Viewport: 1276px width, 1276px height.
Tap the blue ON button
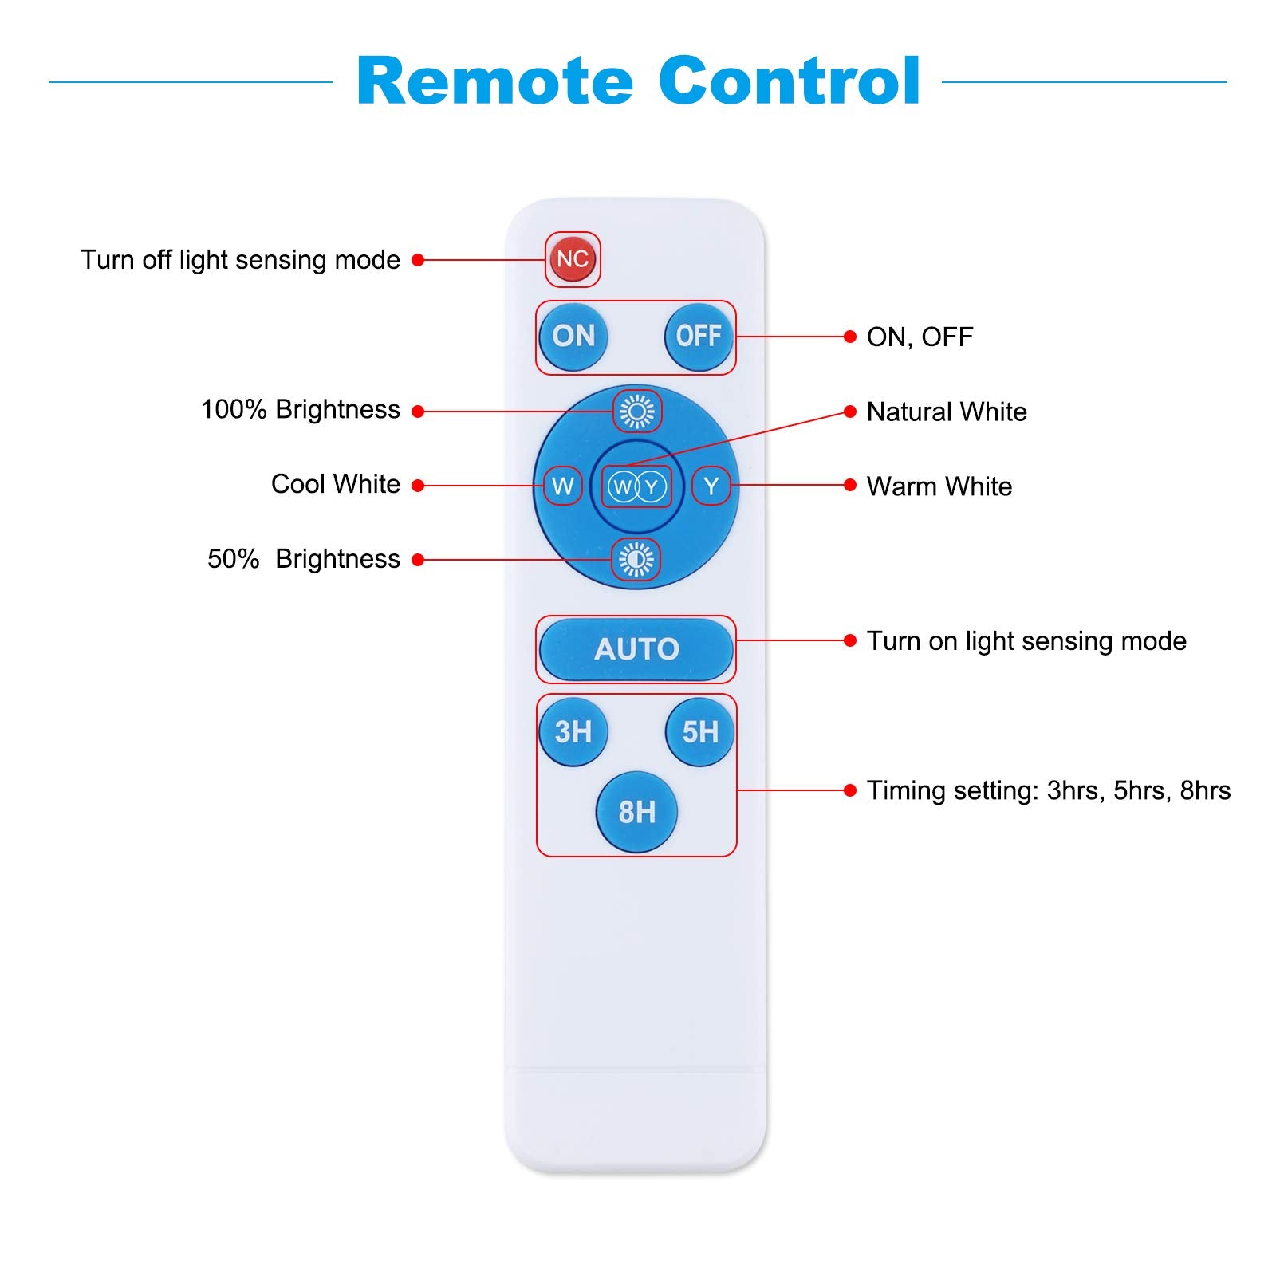573,337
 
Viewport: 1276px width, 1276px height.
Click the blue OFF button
699,337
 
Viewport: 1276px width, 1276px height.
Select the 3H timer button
573,731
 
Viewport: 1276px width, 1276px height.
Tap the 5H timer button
699,731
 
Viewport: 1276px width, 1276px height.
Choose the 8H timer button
636,812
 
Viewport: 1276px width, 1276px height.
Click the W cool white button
563,486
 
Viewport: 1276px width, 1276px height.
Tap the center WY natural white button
636,486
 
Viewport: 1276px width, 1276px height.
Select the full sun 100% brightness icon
636,412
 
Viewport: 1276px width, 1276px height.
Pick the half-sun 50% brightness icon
636,560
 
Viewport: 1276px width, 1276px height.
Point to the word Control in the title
790,81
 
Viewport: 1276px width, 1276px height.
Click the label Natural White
947,412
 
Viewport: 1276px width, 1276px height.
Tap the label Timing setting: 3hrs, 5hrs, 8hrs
1049,790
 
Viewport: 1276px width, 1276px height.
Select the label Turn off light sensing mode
240,260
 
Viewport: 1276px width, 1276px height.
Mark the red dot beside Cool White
418,485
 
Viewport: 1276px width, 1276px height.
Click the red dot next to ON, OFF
850,337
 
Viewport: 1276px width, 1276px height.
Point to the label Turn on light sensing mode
1026,641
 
